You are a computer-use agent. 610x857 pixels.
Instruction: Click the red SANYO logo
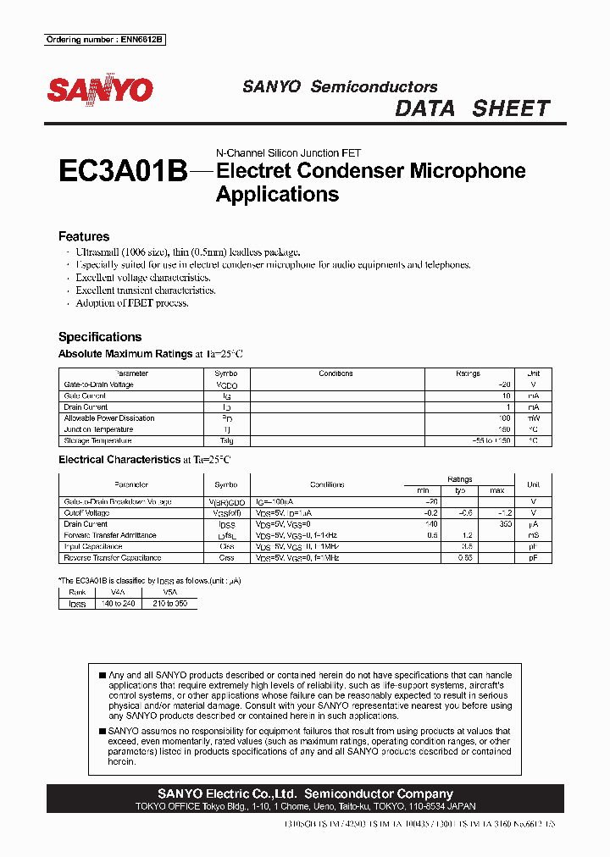pyautogui.click(x=99, y=91)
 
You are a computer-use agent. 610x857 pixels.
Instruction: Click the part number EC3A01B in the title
pyautogui.click(x=122, y=172)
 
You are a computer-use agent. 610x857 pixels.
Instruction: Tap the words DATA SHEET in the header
pyautogui.click(x=473, y=108)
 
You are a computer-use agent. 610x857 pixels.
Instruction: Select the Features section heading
pyautogui.click(x=84, y=237)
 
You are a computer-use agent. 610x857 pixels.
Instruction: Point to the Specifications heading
pyautogui.click(x=100, y=336)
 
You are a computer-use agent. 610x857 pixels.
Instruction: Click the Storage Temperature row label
pyautogui.click(x=98, y=440)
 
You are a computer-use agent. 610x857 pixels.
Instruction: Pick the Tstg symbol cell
pyautogui.click(x=226, y=440)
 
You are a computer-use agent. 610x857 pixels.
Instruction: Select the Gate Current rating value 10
pyautogui.click(x=506, y=396)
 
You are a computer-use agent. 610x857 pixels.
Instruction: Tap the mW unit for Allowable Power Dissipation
pyautogui.click(x=533, y=418)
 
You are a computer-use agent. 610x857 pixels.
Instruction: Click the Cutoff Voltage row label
pyautogui.click(x=86, y=513)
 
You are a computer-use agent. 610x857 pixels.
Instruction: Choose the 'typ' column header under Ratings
pyautogui.click(x=460, y=491)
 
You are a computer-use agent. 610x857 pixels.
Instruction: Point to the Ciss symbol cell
pyautogui.click(x=226, y=546)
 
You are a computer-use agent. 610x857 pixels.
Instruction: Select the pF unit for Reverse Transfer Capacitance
pyautogui.click(x=533, y=557)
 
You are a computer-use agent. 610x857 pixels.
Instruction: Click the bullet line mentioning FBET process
pyautogui.click(x=132, y=303)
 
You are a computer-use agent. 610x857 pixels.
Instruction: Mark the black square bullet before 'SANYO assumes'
pyautogui.click(x=103, y=731)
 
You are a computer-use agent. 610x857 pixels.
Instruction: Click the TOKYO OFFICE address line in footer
pyautogui.click(x=305, y=807)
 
